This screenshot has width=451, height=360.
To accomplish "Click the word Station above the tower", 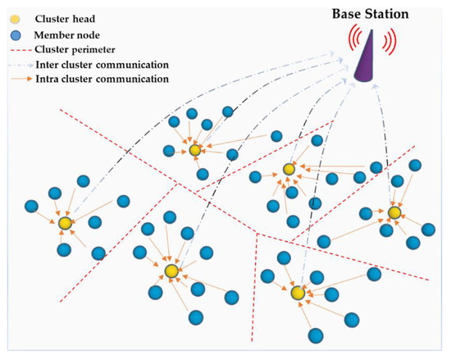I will (x=387, y=13).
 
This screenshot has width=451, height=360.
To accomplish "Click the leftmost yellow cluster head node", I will (x=65, y=222).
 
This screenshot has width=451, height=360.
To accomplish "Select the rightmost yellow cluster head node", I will (x=394, y=213).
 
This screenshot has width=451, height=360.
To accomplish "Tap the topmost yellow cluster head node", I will (x=194, y=150).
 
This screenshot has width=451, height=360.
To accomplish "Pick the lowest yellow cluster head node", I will (x=298, y=293).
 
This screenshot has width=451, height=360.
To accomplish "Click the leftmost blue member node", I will (x=31, y=205).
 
